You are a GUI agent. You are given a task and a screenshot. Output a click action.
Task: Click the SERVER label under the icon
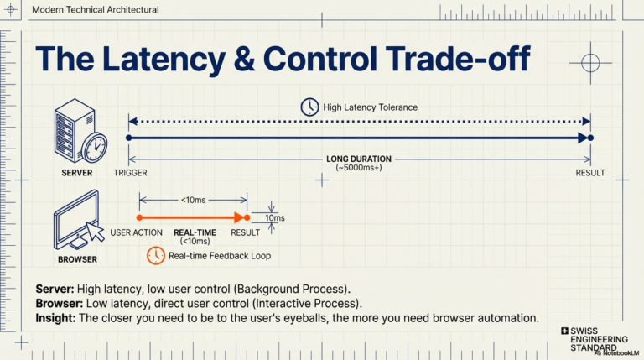[x=77, y=173]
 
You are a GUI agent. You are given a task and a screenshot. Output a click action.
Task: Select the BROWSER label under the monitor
[x=78, y=260]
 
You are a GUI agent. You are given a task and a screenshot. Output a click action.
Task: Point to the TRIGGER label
[x=130, y=173]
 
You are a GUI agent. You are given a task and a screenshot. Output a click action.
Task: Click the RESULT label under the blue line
[x=590, y=173]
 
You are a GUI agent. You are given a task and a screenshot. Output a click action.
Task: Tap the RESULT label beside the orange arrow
[x=245, y=232]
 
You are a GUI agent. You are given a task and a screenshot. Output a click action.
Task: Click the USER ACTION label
[x=136, y=232]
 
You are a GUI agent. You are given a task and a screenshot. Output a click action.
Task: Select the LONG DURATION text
[x=359, y=159]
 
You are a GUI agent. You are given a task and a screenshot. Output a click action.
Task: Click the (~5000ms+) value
[x=359, y=168]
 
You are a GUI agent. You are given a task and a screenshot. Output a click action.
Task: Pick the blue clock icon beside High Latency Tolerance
[x=309, y=107]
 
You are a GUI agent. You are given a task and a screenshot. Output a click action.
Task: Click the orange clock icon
[x=156, y=256]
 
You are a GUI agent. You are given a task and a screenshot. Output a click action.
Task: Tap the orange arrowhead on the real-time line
[x=239, y=217]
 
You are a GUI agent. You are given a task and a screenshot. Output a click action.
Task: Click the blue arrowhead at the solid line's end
[x=583, y=138]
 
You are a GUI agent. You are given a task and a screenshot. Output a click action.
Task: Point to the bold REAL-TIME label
[x=195, y=232]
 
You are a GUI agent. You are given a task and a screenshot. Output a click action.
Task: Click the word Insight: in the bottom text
[x=55, y=318]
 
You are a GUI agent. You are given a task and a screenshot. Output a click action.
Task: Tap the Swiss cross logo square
[x=564, y=331]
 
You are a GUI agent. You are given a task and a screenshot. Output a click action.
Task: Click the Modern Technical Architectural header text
[x=96, y=10]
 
